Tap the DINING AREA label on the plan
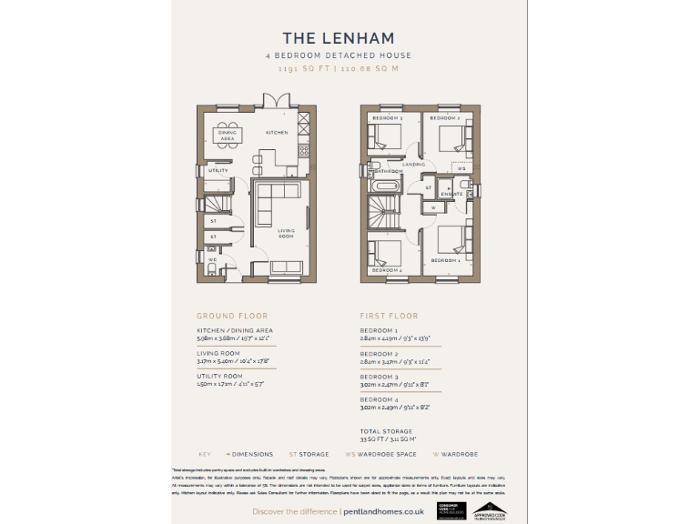pos(228,136)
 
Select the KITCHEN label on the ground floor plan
pos(277,133)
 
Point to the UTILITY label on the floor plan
pos(218,170)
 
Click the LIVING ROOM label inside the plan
pos(286,233)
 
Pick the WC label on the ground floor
pos(213,258)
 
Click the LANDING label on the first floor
pos(413,165)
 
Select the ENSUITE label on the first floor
pos(451,194)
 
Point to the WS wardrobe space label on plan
pos(461,169)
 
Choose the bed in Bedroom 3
pos(386,138)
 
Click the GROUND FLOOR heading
pos(232,317)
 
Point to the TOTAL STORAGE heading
pos(386,431)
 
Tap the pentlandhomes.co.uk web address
pos(381,512)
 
